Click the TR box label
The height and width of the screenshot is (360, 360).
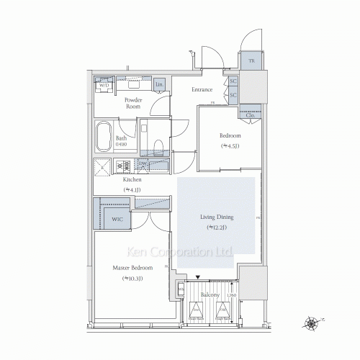click(x=251, y=61)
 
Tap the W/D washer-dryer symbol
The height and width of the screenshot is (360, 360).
click(x=104, y=84)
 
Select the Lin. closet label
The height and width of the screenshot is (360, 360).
click(x=158, y=85)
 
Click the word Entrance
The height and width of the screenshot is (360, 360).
click(x=202, y=90)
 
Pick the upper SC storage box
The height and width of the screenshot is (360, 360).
click(x=233, y=82)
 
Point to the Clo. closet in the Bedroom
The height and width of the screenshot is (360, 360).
click(x=249, y=114)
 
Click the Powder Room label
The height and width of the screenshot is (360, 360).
click(x=132, y=103)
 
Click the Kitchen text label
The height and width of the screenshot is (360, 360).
click(x=131, y=179)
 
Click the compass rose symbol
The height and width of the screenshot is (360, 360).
click(x=313, y=323)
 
